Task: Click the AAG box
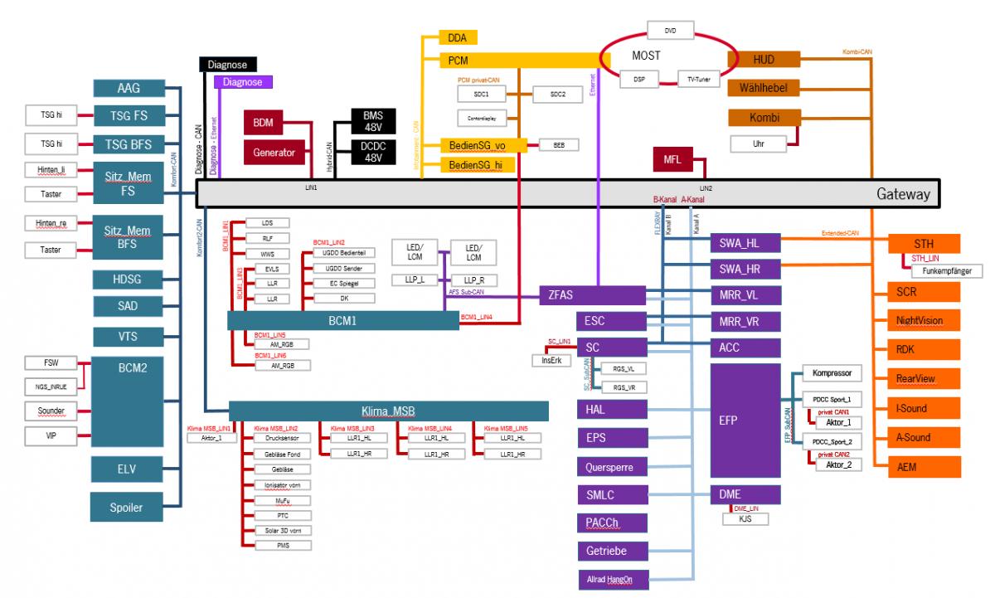(129, 89)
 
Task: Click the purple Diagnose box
(241, 82)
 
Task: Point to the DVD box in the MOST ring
(671, 32)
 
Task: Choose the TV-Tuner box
(699, 80)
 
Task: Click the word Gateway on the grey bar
(903, 195)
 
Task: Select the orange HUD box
(764, 60)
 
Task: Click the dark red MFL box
(672, 160)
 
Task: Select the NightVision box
(919, 321)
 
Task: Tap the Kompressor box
(837, 373)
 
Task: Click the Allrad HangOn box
(611, 579)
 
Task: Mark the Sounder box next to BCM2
(51, 411)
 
